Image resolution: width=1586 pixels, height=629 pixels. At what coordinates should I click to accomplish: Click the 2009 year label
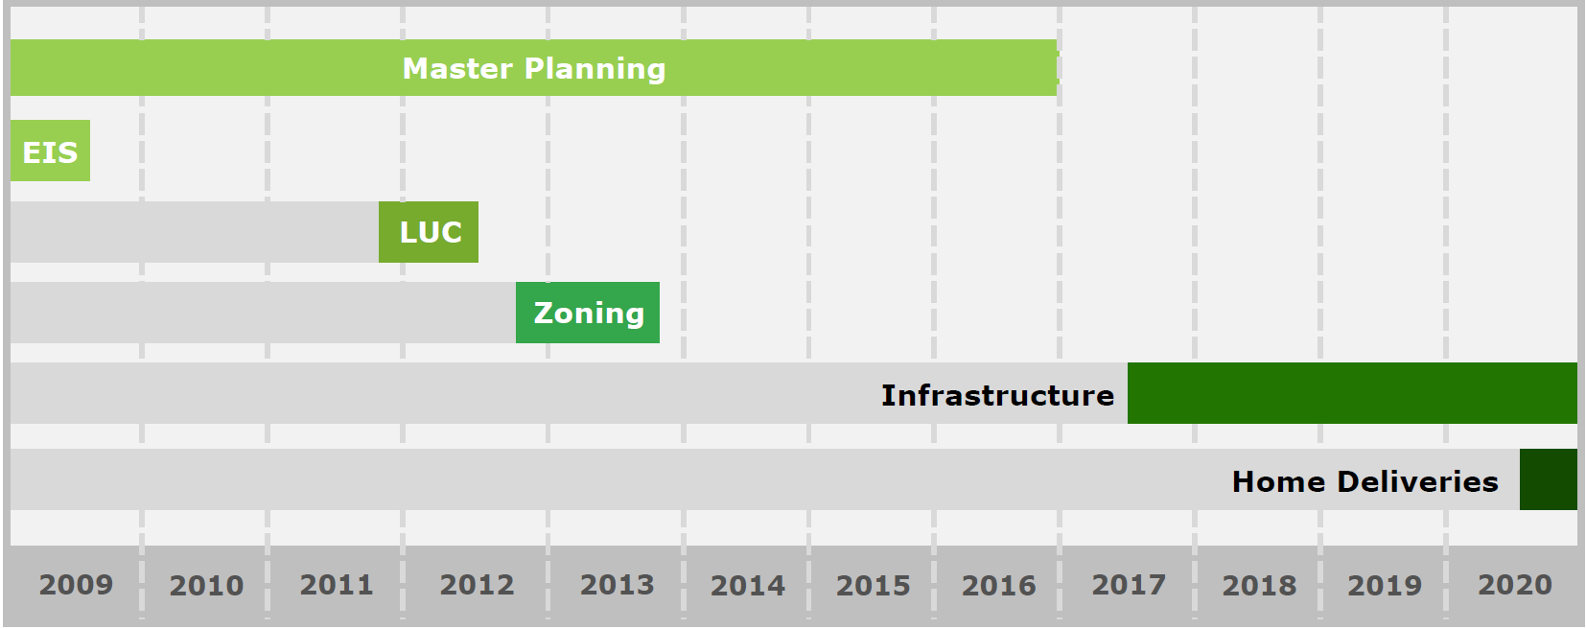76,585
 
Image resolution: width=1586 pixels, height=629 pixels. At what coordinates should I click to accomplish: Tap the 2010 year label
207,586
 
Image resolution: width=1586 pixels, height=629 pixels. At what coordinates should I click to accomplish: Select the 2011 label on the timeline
337,585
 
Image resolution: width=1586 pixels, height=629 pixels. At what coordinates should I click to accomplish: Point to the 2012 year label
477,585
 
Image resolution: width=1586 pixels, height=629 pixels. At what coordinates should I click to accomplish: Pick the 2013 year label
617,585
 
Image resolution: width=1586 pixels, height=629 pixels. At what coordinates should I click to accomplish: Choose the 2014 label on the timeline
748,586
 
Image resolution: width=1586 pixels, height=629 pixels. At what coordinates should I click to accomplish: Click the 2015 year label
873,586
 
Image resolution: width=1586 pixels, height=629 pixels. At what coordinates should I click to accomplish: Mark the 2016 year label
998,586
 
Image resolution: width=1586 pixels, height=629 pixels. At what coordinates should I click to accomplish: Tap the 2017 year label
1129,585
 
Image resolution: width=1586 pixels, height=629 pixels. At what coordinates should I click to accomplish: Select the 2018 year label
1260,586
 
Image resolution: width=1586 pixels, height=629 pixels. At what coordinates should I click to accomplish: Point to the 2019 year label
1385,586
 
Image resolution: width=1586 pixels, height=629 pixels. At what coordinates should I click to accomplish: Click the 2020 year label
1514,585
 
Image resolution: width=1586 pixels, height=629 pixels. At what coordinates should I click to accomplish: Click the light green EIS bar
50,151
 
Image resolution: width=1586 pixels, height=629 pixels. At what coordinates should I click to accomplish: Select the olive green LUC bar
429,232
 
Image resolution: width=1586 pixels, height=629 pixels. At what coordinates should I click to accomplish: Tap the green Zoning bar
588,313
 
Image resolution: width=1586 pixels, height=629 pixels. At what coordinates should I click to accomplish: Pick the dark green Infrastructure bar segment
1352,393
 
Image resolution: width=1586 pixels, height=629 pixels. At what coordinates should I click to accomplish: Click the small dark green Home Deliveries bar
1549,479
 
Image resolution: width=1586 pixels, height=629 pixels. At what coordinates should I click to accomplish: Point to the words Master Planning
534,69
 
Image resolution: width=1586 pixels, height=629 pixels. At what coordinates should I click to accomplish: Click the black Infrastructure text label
997,395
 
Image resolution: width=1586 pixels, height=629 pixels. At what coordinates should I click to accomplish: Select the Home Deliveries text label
1365,481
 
